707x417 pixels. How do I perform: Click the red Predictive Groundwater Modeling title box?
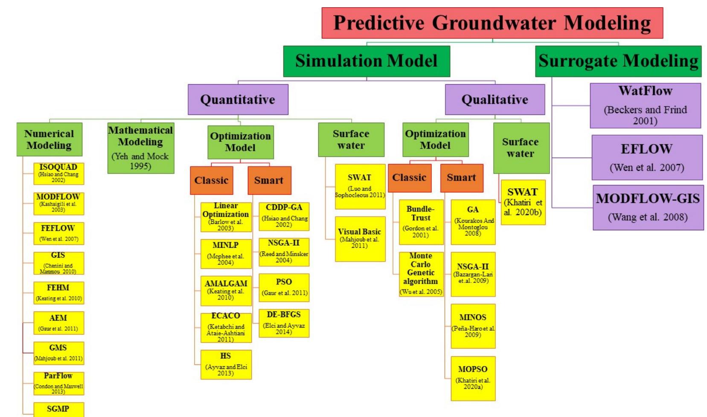coord(492,23)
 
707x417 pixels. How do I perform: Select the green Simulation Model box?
coord(366,61)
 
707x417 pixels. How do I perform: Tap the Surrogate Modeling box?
coord(618,61)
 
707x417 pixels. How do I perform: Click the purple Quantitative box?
coord(238,100)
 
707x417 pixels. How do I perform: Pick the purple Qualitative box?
coord(495,100)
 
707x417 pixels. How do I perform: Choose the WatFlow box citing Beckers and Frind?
coord(645,106)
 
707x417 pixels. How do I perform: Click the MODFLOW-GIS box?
coord(648,207)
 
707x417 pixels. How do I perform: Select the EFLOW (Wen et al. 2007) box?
coord(646,157)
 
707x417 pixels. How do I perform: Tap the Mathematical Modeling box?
coord(140,148)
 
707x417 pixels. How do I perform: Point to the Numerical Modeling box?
coord(49,139)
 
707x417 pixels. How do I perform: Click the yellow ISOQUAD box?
coord(58,173)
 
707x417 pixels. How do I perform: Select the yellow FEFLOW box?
coord(58,233)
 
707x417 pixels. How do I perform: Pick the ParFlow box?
coord(58,383)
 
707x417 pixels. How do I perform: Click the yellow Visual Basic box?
coord(360,239)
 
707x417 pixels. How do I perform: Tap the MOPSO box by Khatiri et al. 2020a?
coord(473,378)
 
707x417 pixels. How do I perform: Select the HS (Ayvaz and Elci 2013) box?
coord(226,364)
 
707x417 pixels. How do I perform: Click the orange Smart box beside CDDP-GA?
coord(269,180)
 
